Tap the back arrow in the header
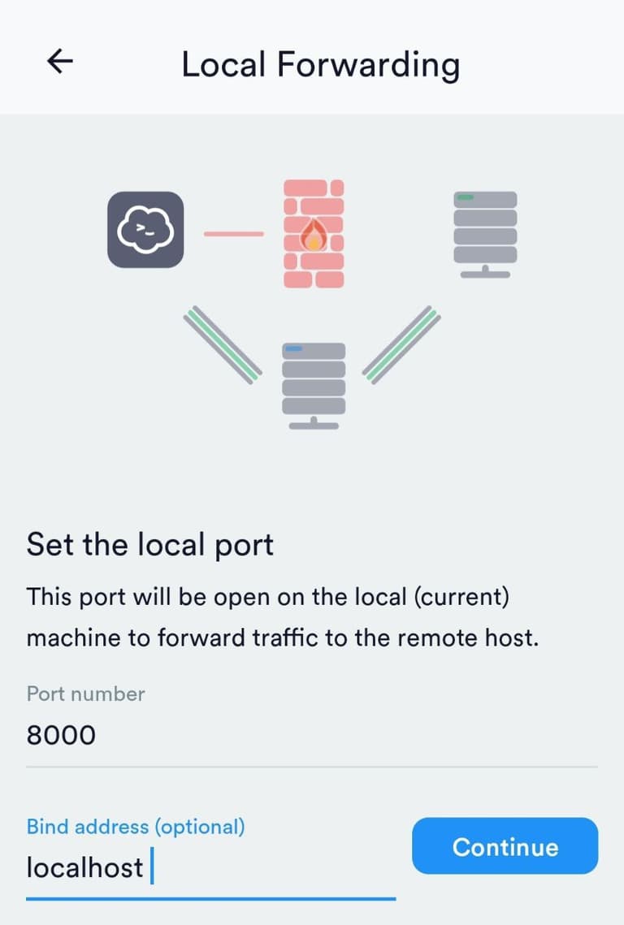click(60, 62)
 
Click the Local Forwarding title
click(320, 63)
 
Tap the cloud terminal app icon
click(145, 229)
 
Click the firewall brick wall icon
click(314, 234)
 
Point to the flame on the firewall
click(313, 236)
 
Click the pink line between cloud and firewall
click(233, 234)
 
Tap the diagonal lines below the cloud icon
click(221, 344)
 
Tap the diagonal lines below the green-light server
click(401, 344)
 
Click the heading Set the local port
click(149, 544)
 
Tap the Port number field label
click(85, 694)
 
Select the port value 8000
click(61, 735)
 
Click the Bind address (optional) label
click(135, 827)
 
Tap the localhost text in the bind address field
click(84, 867)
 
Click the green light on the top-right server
click(466, 197)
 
